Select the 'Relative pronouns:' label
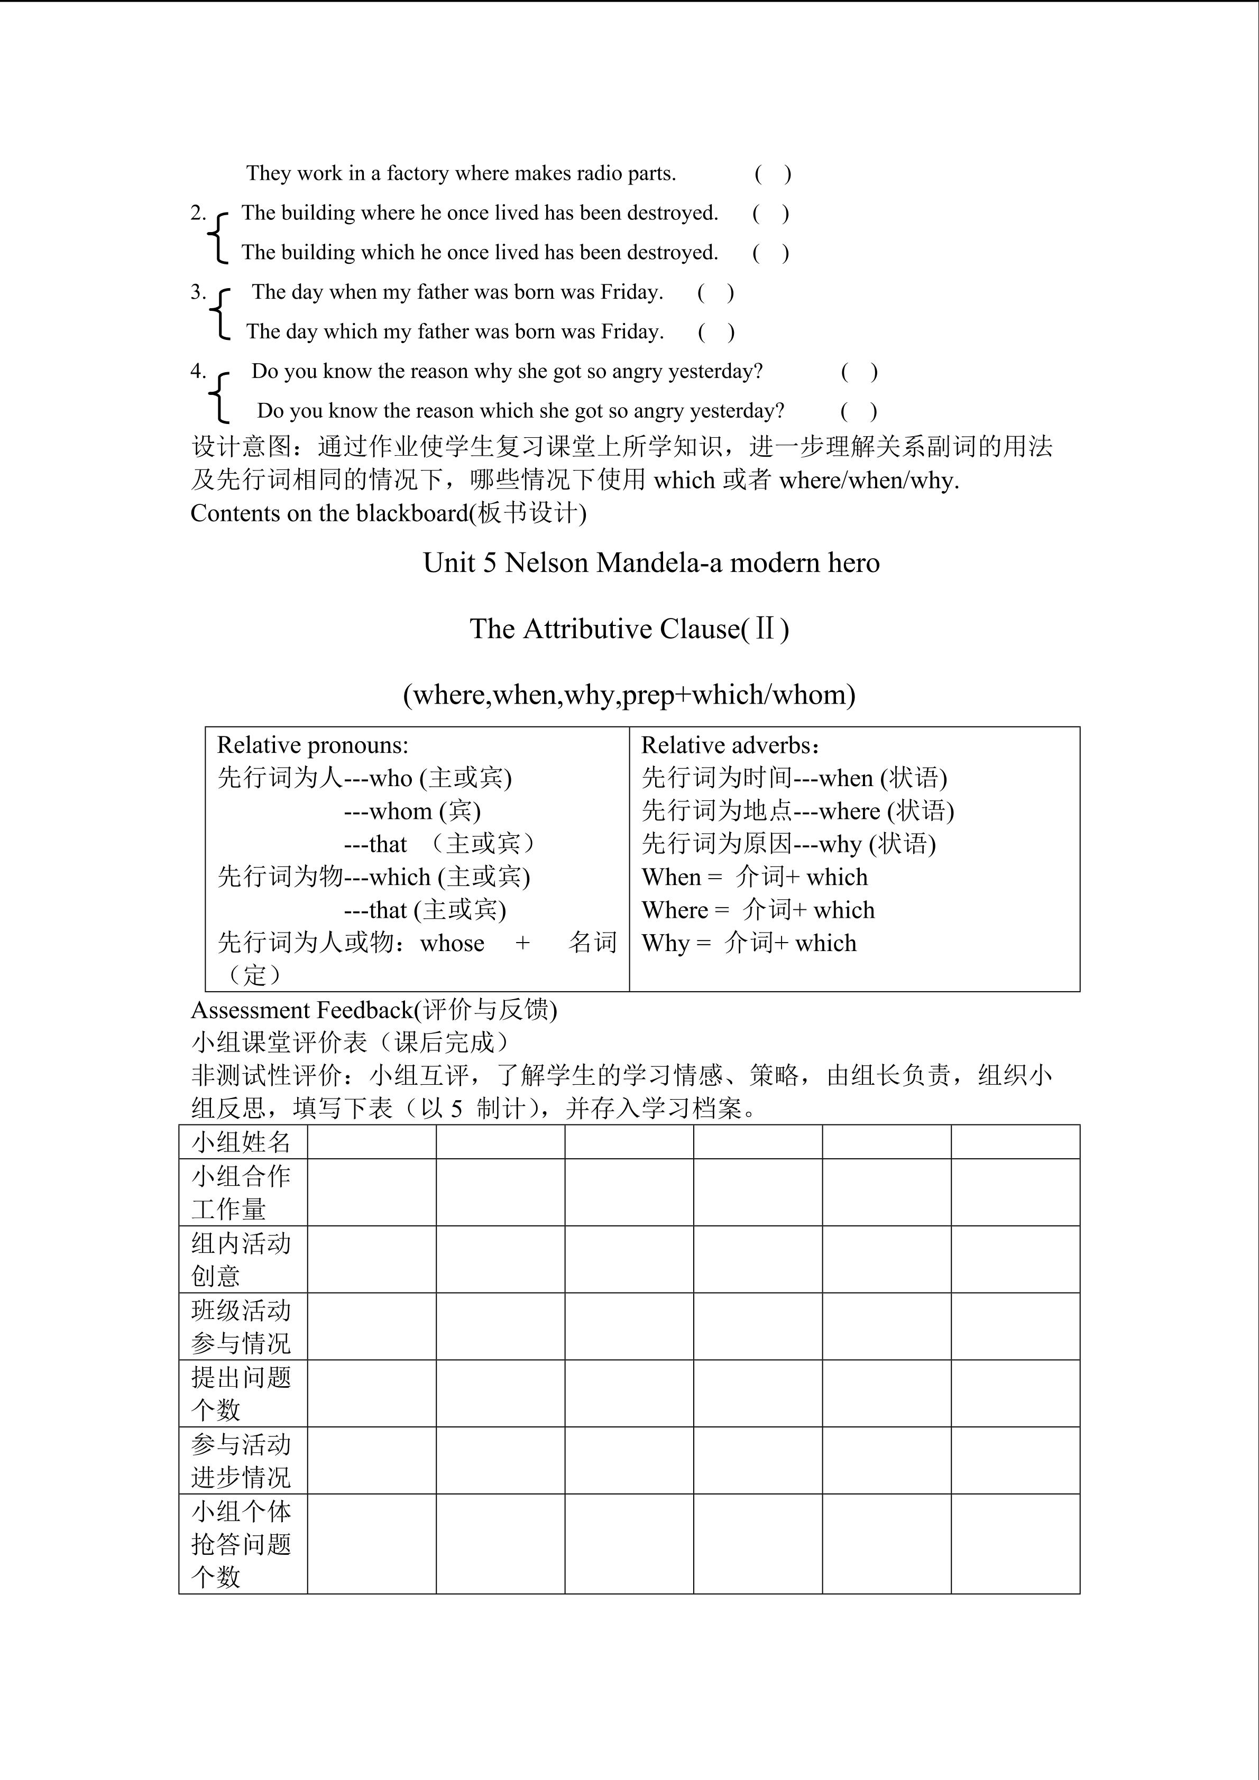313,745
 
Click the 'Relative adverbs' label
725,745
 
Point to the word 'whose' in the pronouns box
452,944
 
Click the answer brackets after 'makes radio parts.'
772,173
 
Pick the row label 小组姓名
241,1142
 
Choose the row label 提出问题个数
241,1393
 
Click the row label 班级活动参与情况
241,1326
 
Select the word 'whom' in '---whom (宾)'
401,811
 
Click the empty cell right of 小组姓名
371,1142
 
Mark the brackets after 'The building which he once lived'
770,253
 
